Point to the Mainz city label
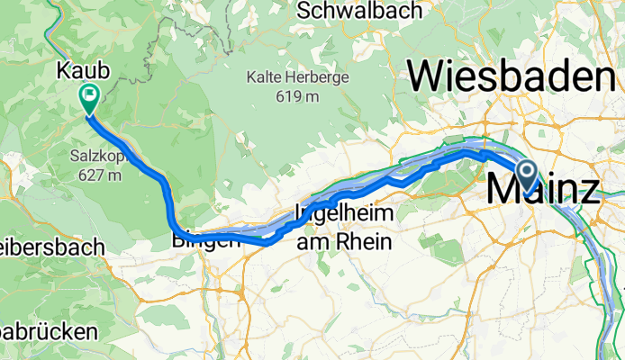tap(544, 191)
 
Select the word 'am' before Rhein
tap(318, 240)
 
